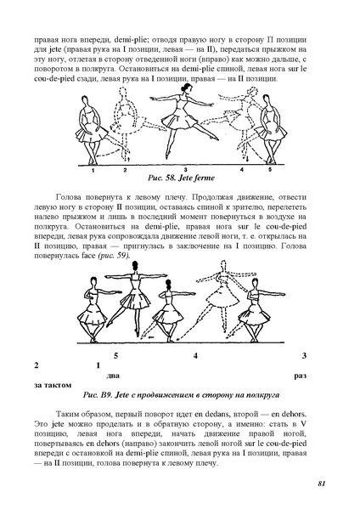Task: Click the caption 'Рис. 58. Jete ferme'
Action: point(177,179)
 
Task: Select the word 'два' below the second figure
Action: point(107,375)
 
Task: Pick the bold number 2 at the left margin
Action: point(36,365)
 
